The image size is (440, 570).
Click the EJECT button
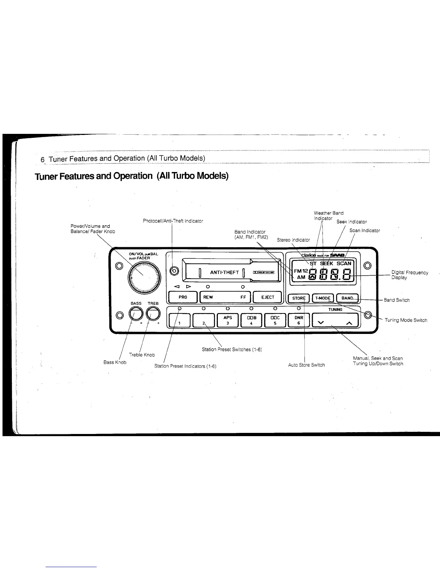coord(267,297)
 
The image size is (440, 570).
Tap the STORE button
coord(298,298)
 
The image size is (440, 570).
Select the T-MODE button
coord(322,298)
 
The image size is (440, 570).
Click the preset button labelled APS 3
coord(227,320)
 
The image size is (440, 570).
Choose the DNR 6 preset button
coord(298,320)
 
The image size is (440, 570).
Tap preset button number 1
coord(179,320)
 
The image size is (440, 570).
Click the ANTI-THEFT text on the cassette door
coord(224,272)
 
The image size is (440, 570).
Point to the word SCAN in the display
coord(344,263)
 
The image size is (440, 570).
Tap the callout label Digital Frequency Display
coord(409,275)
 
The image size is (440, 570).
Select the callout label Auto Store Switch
coord(306,365)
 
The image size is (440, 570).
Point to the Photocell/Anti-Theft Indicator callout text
coord(173,221)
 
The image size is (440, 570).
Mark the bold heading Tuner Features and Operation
coord(132,176)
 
